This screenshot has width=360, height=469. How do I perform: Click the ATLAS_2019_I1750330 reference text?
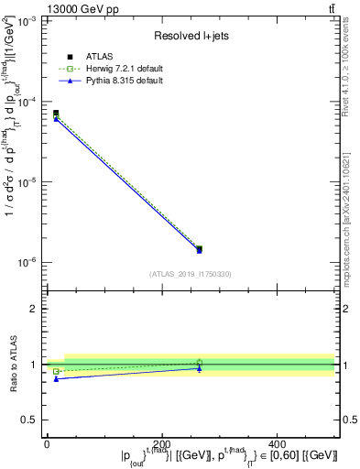point(191,274)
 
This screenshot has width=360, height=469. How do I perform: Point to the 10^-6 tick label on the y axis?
point(27,263)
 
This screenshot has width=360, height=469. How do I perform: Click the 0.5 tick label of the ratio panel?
point(32,420)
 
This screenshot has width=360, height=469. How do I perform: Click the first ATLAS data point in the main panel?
point(56,113)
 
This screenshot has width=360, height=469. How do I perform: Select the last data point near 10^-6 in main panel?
point(200,249)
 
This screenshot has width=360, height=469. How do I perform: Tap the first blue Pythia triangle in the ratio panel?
point(56,378)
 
